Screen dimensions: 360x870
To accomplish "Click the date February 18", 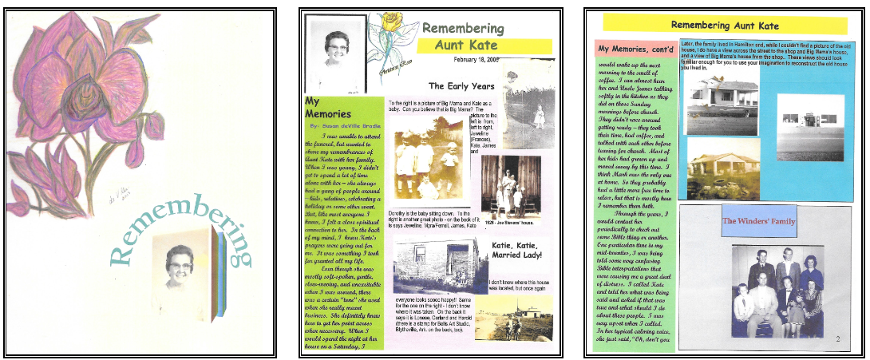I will pyautogui.click(x=480, y=59).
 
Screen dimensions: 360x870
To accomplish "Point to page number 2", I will pyautogui.click(x=836, y=340).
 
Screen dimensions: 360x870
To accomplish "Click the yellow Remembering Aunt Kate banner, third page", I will pyautogui.click(x=724, y=25).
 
